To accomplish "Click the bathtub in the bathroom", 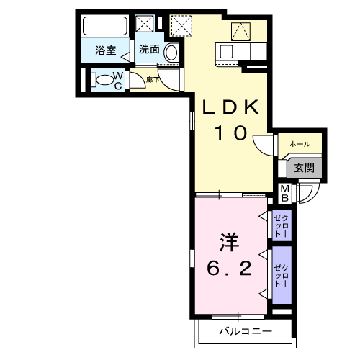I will (106, 27).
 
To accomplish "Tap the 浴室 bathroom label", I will (107, 50).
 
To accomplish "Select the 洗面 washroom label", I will (149, 50).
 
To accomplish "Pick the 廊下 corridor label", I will (152, 79).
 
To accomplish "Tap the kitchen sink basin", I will (226, 52).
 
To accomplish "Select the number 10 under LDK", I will (230, 133).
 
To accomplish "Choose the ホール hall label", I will (300, 144).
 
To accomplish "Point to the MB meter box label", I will (284, 192).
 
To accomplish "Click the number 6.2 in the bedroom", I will (229, 269).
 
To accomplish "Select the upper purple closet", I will (281, 225).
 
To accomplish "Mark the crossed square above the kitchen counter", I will (239, 30).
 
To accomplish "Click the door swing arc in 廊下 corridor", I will (167, 79).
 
